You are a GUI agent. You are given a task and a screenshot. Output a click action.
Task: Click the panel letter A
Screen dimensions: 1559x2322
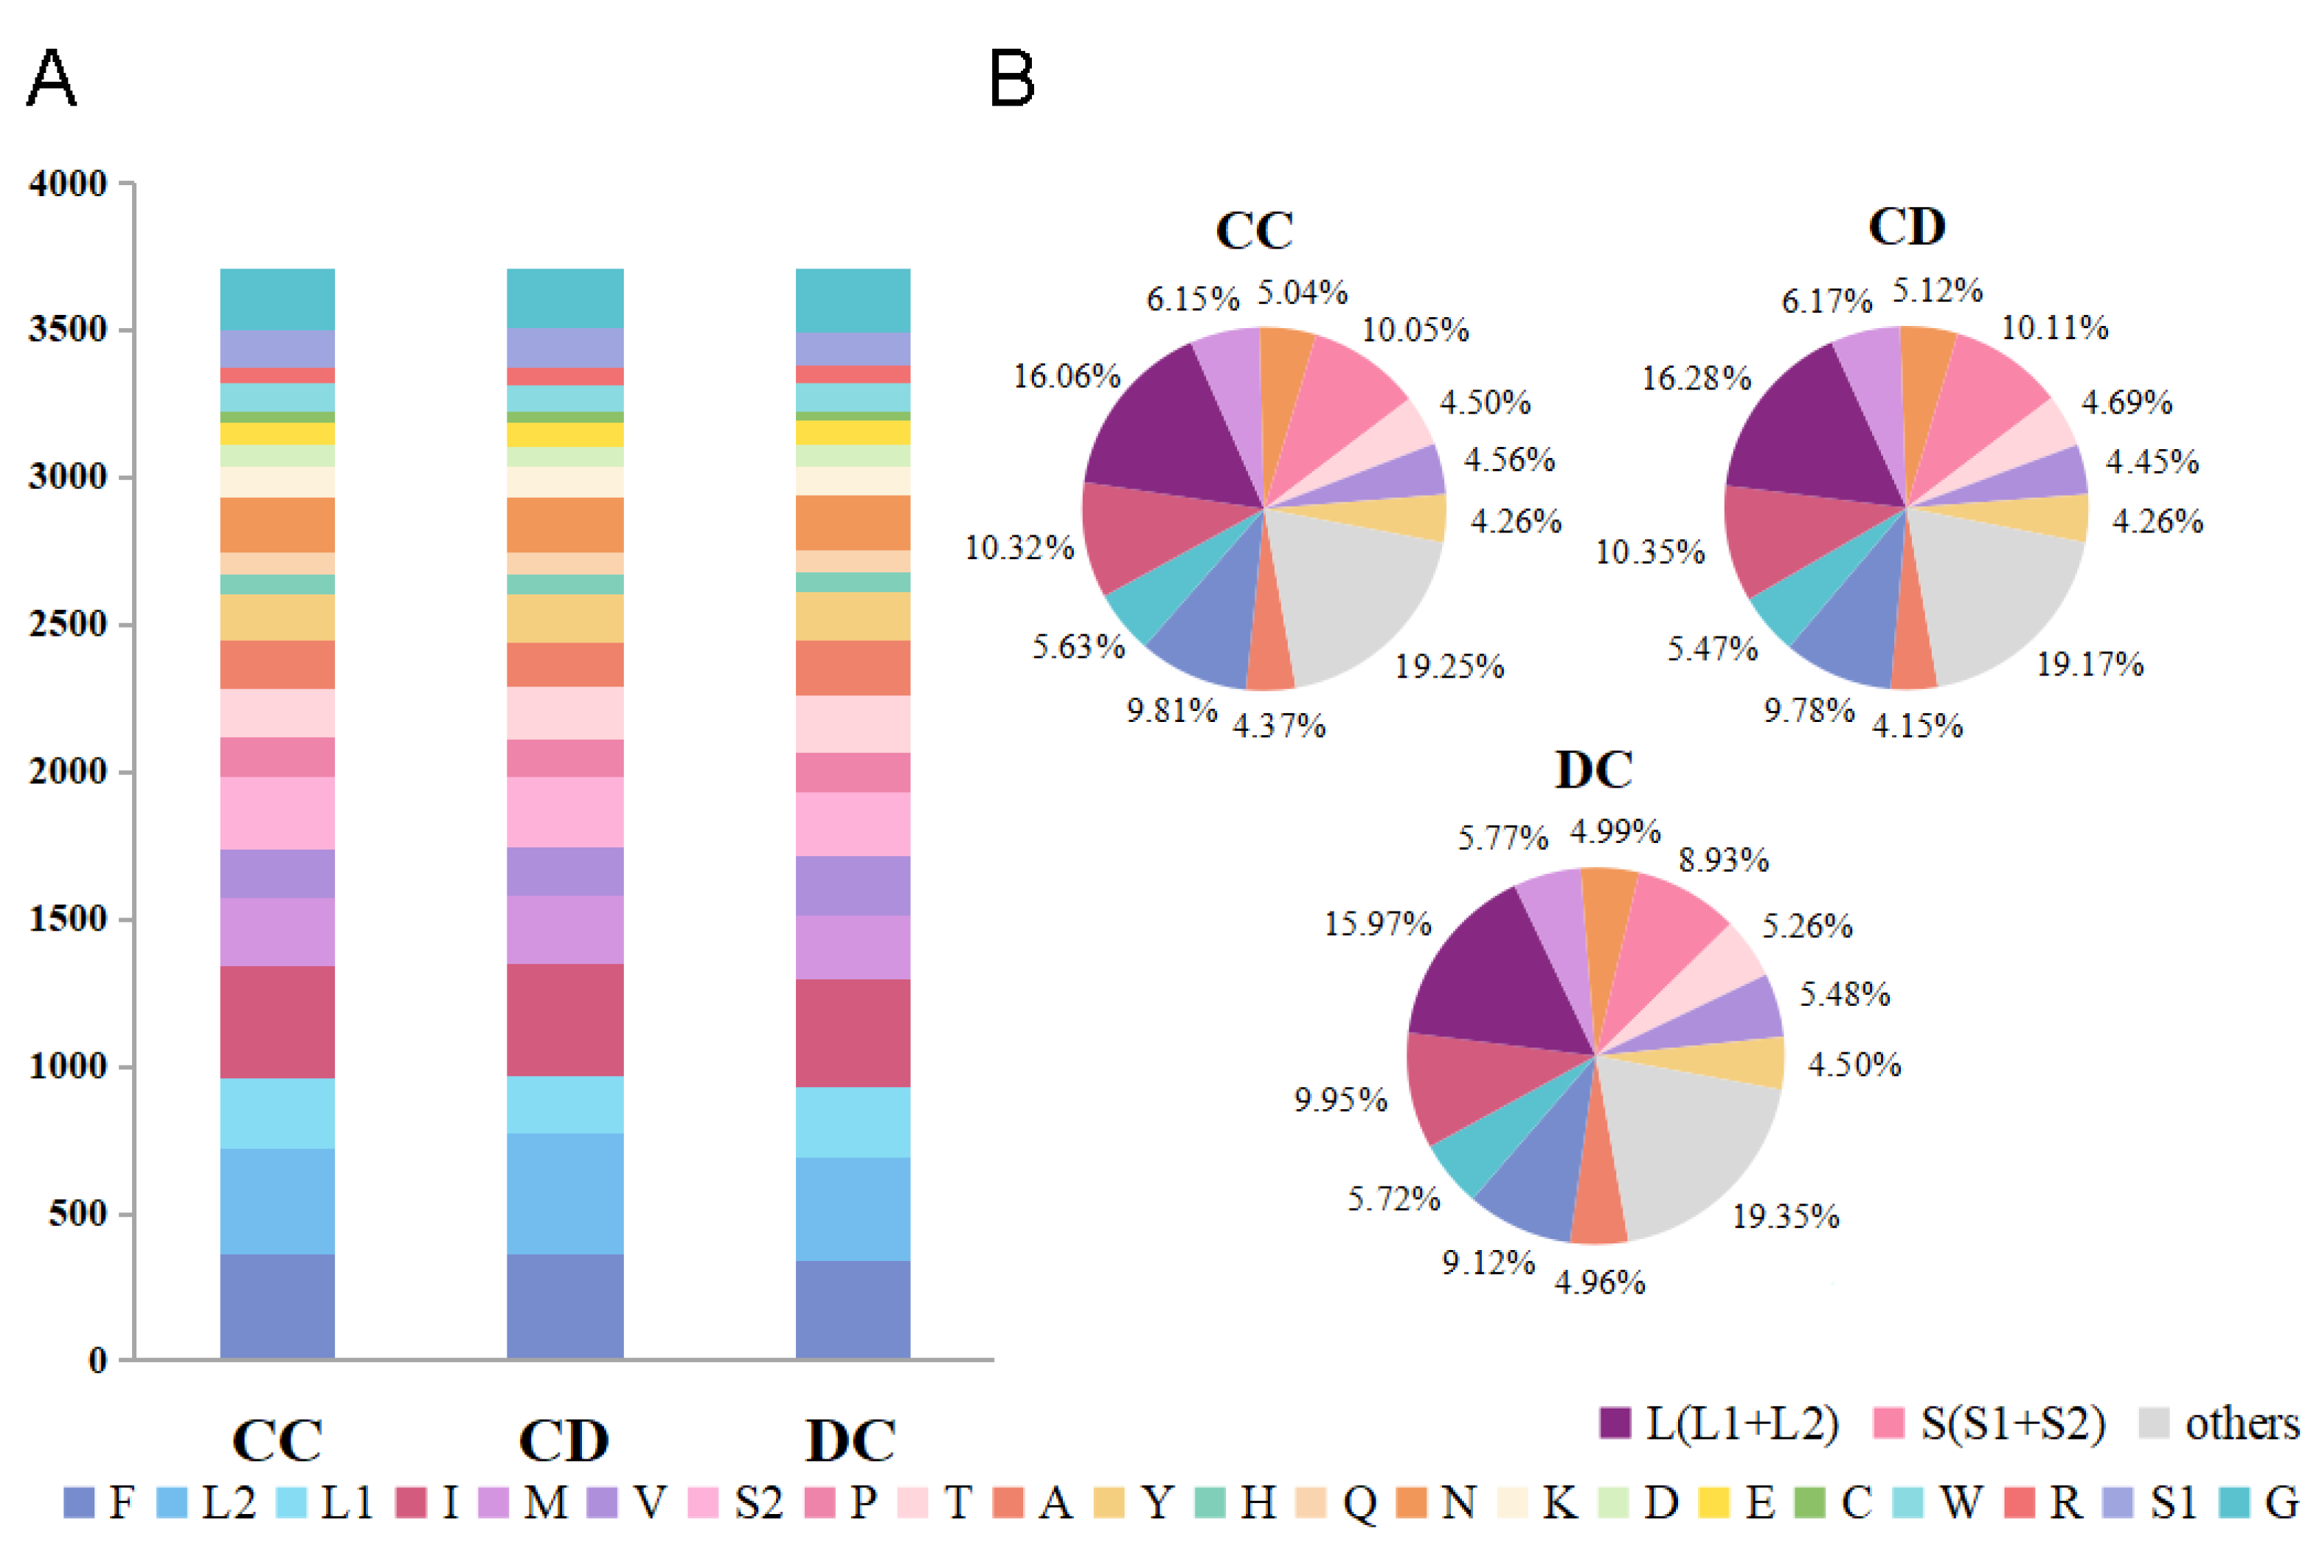tap(51, 79)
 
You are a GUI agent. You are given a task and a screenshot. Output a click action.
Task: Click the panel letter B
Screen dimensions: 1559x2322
tap(1011, 79)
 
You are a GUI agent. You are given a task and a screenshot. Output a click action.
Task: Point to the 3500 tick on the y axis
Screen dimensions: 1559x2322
tap(68, 329)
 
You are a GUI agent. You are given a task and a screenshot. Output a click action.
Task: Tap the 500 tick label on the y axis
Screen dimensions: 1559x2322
tap(77, 1213)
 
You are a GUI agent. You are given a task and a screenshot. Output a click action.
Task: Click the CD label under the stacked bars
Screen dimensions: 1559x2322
tap(564, 1440)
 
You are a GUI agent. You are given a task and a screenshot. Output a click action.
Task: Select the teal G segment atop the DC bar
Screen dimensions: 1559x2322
tap(852, 299)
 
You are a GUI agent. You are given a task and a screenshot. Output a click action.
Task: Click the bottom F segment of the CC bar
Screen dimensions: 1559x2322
tap(277, 1305)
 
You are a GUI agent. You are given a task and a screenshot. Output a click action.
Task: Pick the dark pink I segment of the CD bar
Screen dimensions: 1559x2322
tap(565, 1019)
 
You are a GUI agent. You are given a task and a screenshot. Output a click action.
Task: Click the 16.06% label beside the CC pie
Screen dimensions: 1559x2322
tap(1066, 376)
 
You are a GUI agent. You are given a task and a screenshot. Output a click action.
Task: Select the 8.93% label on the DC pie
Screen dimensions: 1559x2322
tap(1723, 859)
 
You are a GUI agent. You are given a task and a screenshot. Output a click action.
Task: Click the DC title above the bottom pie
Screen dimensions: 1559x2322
tap(1593, 768)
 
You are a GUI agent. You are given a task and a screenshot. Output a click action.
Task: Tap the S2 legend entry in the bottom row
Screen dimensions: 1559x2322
tap(737, 1502)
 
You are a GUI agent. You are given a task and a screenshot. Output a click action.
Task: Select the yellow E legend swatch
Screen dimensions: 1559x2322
tap(1713, 1502)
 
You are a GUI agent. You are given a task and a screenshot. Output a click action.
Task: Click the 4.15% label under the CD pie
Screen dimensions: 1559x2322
tap(1916, 725)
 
